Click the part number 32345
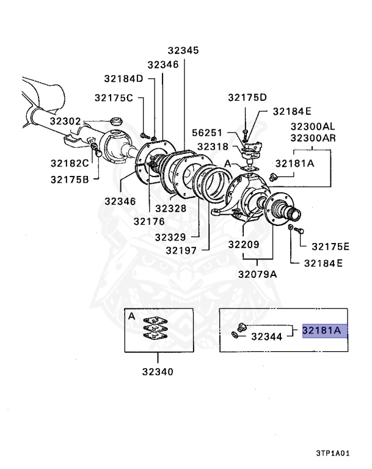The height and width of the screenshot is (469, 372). click(184, 51)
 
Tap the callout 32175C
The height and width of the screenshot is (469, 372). click(114, 98)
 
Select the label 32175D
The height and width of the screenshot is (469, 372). click(247, 98)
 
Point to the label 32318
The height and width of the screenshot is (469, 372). click(211, 147)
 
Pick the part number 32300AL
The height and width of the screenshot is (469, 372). click(312, 126)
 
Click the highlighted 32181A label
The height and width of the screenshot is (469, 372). click(324, 331)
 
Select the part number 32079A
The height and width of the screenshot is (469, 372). click(257, 274)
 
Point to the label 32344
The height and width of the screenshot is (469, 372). click(266, 336)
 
